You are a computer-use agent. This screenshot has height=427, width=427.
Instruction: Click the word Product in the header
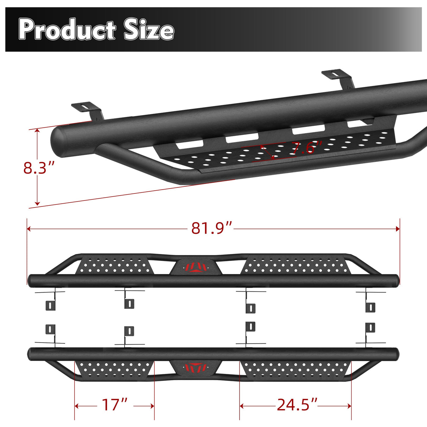pos(67,30)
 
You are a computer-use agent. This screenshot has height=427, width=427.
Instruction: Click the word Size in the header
pos(149,30)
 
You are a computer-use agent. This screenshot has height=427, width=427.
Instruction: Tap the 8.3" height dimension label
pos(39,168)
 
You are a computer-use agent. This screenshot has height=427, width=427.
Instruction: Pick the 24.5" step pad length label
pos(297,405)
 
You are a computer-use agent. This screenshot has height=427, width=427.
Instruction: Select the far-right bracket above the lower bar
pos(370,332)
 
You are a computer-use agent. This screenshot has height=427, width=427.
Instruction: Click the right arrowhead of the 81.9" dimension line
pos(398,229)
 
